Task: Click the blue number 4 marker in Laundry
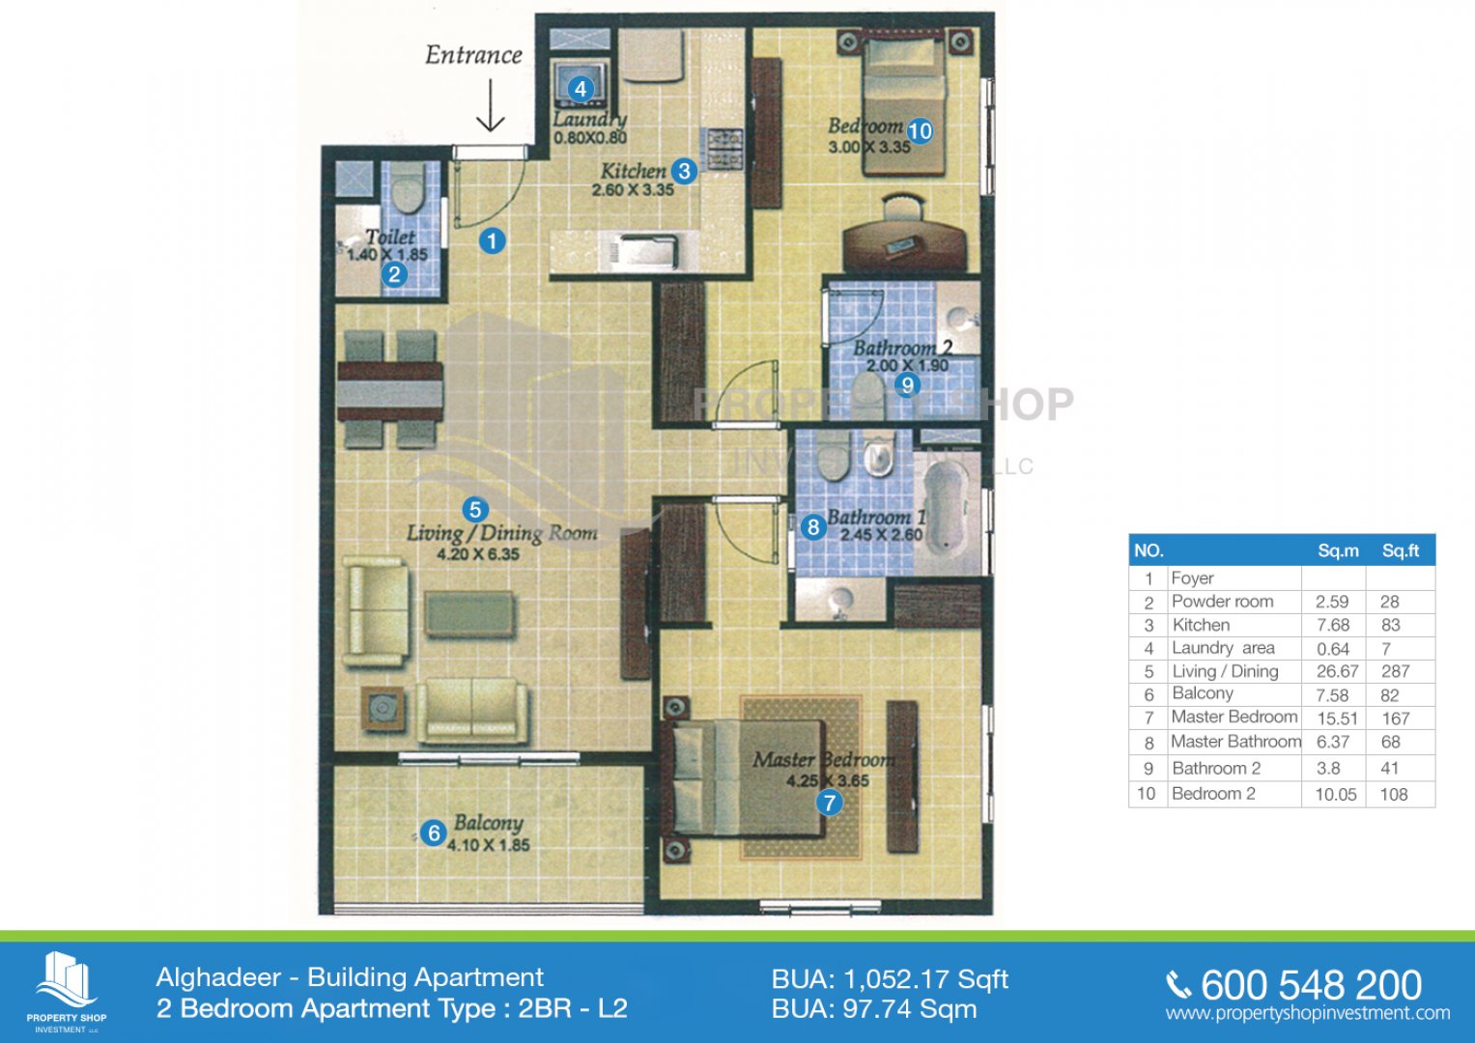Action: [x=581, y=89]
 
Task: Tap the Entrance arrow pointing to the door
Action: [x=491, y=105]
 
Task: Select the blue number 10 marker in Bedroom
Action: [x=920, y=131]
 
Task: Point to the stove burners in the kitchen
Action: [x=725, y=149]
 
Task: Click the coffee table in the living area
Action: [x=469, y=613]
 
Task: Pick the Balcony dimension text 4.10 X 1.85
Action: [x=488, y=845]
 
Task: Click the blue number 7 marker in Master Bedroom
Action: [x=829, y=803]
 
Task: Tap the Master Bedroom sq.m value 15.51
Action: [x=1337, y=719]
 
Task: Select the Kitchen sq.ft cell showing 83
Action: [x=1390, y=625]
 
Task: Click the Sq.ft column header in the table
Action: [x=1400, y=550]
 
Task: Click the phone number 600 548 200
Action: [x=1311, y=985]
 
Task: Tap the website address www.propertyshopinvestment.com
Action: [x=1308, y=1013]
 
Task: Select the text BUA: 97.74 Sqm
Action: [x=874, y=1009]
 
